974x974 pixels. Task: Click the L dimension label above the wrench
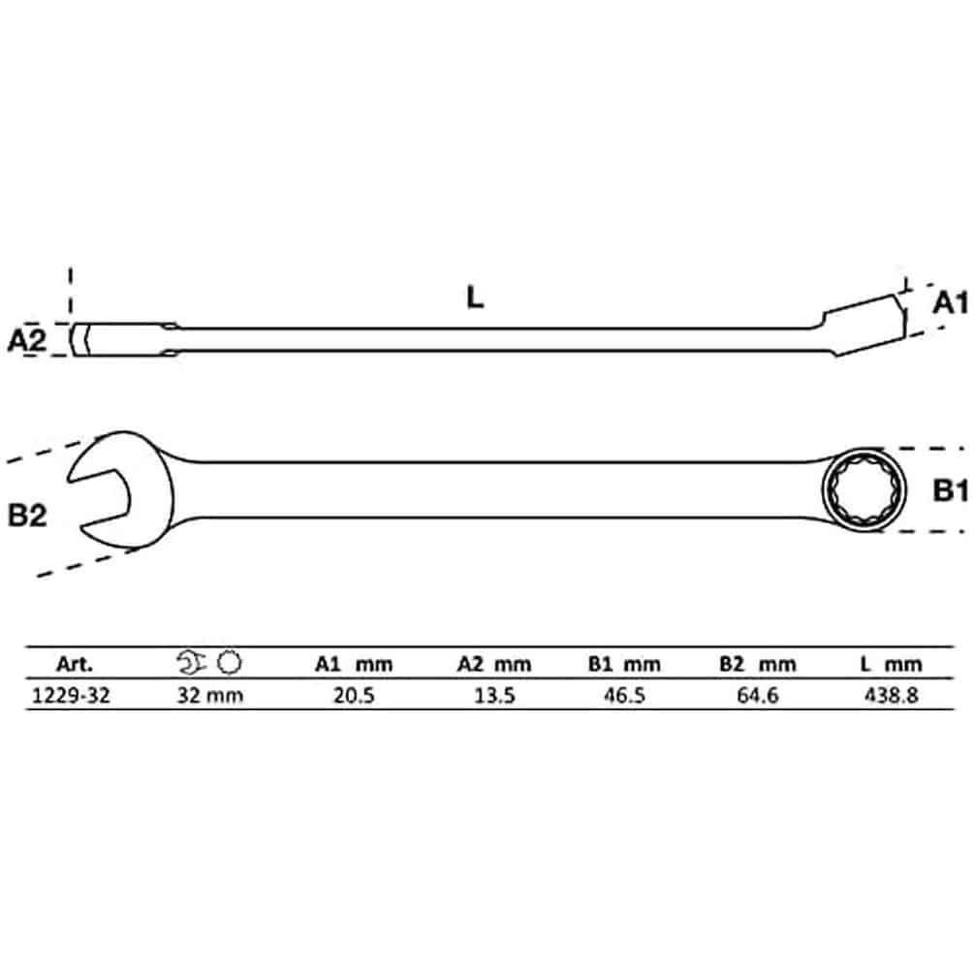click(x=475, y=298)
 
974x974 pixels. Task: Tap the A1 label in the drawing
click(x=951, y=302)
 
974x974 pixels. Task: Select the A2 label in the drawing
click(x=27, y=340)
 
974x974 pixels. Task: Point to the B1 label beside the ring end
click(x=951, y=490)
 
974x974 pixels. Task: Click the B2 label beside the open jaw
click(x=27, y=516)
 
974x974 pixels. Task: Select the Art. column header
click(x=74, y=664)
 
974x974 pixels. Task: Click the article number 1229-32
click(x=70, y=695)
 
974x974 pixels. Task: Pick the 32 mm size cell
click(x=210, y=695)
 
